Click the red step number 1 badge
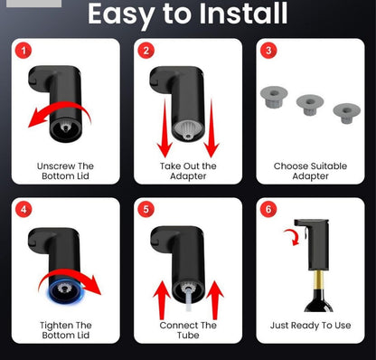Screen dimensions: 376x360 [23, 51]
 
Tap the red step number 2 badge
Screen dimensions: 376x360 [146, 51]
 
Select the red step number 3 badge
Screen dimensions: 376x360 [268, 51]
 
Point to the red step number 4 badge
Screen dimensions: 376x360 [23, 210]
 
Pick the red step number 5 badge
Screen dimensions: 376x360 [146, 210]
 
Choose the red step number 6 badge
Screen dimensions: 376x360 [268, 210]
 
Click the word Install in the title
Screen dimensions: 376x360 [243, 14]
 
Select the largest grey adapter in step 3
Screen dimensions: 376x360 [274, 97]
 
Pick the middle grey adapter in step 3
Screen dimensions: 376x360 [310, 105]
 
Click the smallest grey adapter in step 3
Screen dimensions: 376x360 [346, 113]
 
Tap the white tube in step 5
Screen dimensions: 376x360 [188, 299]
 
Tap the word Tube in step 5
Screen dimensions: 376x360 [188, 336]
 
